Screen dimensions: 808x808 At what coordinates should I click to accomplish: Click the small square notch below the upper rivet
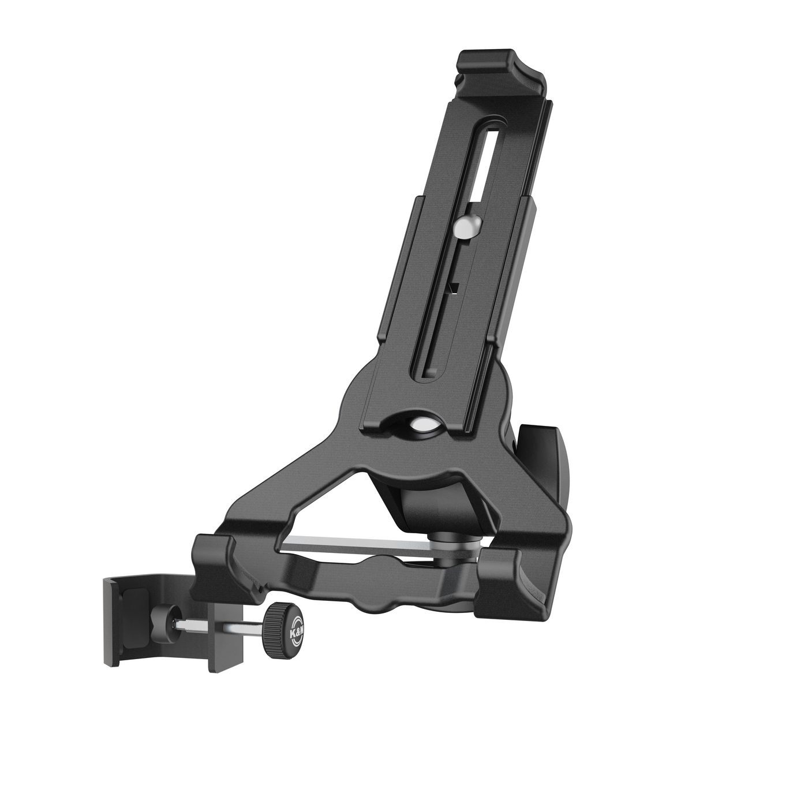pos(455,288)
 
